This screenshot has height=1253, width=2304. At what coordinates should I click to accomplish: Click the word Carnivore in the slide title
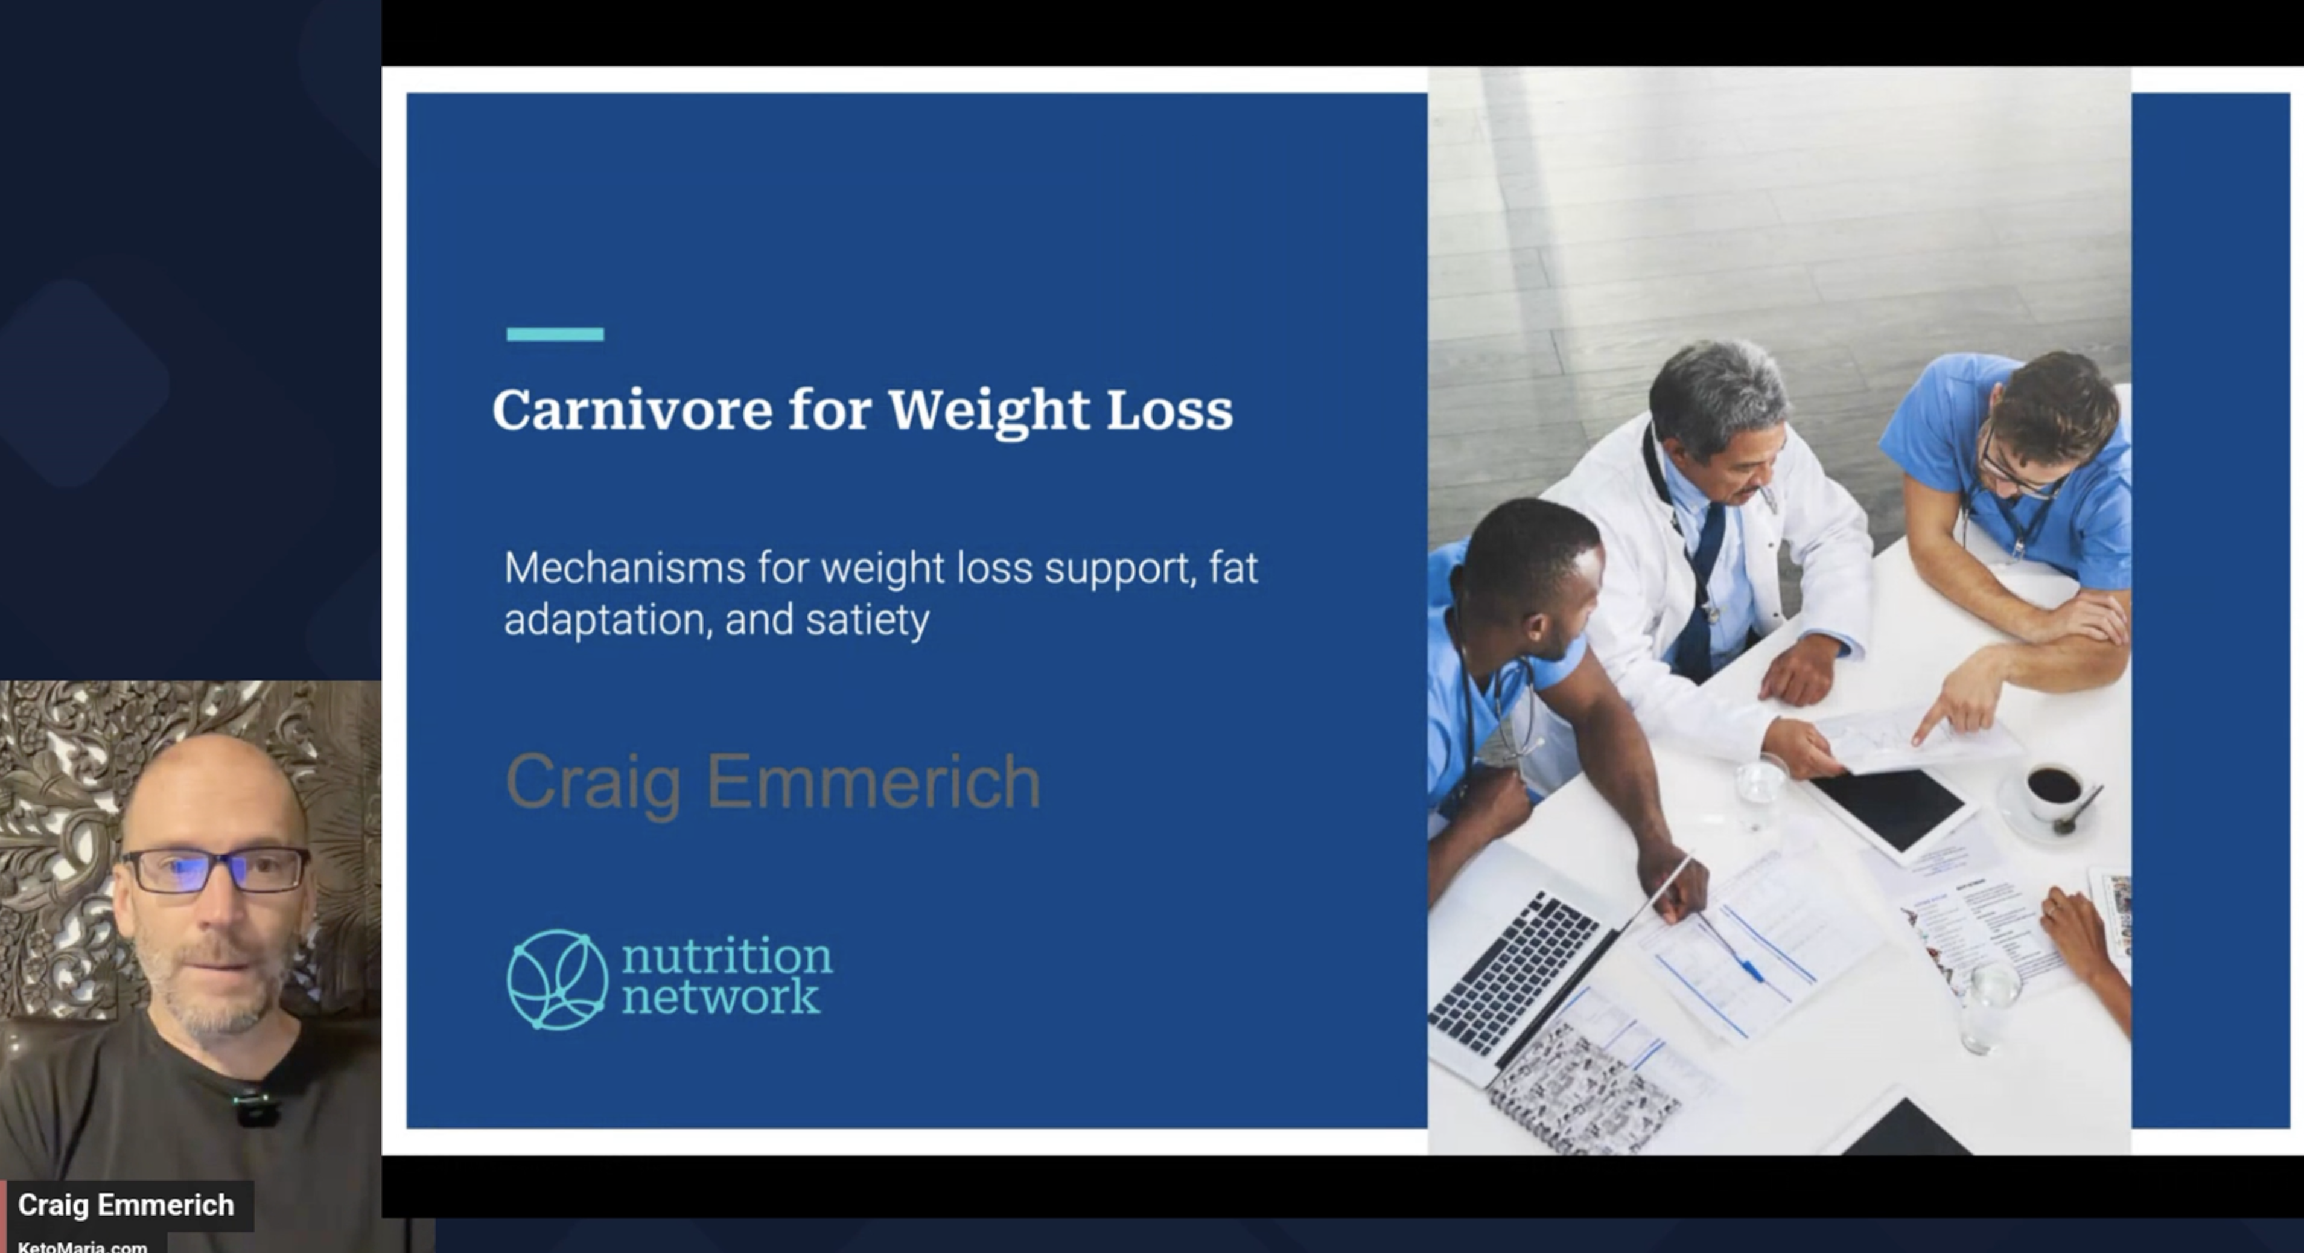[632, 410]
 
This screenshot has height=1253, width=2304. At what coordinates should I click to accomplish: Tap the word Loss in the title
[1170, 410]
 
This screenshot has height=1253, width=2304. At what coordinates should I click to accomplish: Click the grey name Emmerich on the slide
[873, 782]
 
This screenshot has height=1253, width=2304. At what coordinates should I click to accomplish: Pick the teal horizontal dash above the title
[555, 334]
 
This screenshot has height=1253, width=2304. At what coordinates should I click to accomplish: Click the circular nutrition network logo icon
[557, 980]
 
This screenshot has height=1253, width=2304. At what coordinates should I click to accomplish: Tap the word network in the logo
[720, 997]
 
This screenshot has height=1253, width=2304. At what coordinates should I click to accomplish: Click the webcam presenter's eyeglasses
[215, 869]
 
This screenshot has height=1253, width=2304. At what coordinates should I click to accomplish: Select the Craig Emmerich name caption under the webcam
[126, 1205]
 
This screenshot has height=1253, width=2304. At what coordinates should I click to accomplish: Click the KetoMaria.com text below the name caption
[82, 1246]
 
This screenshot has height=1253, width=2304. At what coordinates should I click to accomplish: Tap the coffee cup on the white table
[2054, 789]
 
